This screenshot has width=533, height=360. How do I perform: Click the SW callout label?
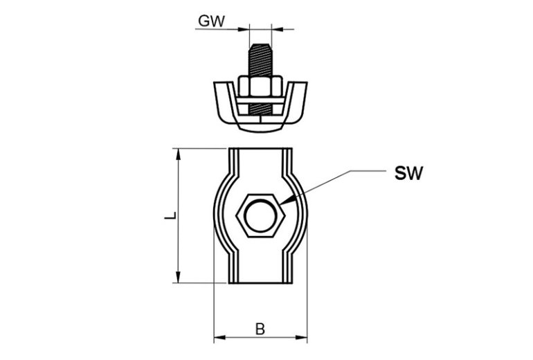point(408,173)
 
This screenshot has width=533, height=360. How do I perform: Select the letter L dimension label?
point(169,216)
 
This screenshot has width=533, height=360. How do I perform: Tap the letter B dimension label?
point(260,329)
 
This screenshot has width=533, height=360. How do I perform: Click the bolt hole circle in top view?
point(260,215)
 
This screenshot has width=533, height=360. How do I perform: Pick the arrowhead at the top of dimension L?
point(179,153)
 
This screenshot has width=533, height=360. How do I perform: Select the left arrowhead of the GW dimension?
point(244,29)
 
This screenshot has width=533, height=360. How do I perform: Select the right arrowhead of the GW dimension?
point(276,29)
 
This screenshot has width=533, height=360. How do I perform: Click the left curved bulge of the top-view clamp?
point(220,215)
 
